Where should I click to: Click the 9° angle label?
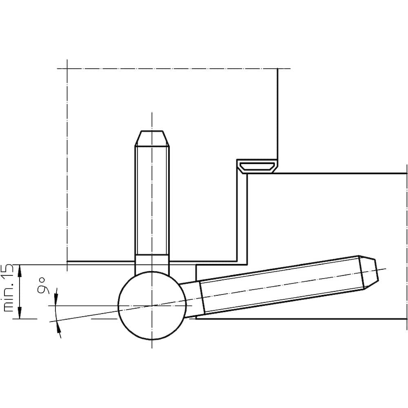click(x=42, y=286)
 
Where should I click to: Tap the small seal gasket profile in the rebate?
click(x=257, y=166)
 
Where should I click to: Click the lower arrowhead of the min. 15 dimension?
click(x=20, y=313)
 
